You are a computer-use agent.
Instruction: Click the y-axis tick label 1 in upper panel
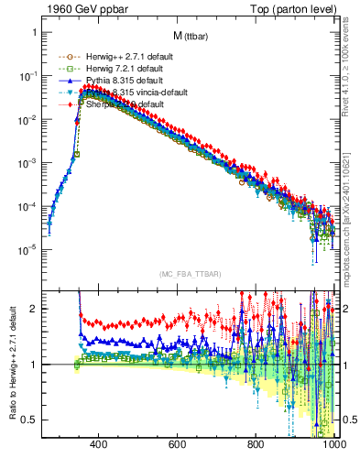pyautogui.click(x=32, y=32)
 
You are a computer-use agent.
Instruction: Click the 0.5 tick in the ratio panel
pyautogui.click(x=28, y=420)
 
